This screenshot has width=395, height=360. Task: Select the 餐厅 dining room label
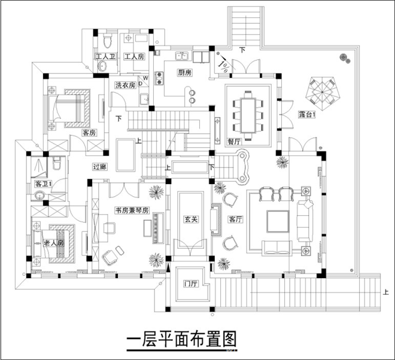click(235, 142)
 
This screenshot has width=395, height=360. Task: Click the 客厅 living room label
click(235, 219)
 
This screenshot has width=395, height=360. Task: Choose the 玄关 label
click(191, 219)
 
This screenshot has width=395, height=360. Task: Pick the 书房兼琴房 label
click(132, 210)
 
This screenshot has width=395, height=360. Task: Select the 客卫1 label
click(42, 183)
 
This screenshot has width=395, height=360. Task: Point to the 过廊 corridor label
click(99, 167)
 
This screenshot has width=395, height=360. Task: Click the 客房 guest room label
click(89, 132)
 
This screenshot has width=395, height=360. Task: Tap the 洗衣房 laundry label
click(126, 85)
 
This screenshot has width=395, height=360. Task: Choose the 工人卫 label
click(105, 57)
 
